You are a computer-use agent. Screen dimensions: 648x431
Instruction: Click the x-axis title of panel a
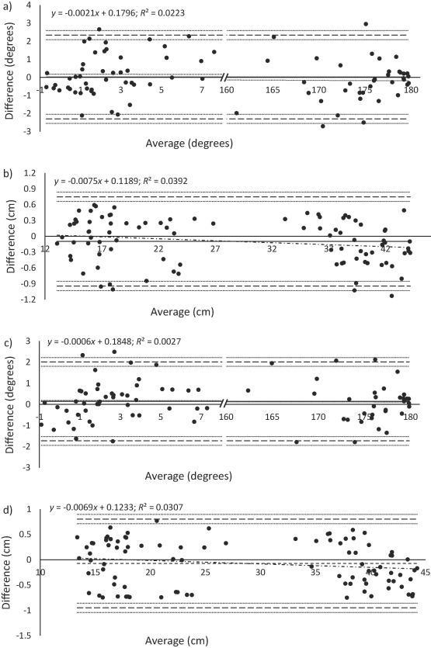pyautogui.click(x=188, y=144)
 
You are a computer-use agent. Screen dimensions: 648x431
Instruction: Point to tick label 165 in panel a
pyautogui.click(x=273, y=91)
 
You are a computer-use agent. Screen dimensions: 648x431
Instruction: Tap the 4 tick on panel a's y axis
pyautogui.click(x=29, y=5)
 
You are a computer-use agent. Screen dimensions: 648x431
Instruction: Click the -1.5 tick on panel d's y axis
pyautogui.click(x=26, y=636)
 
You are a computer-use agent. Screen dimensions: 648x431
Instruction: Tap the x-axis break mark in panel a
pyautogui.click(x=224, y=78)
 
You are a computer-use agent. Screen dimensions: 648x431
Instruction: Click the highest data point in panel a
pyautogui.click(x=366, y=24)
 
